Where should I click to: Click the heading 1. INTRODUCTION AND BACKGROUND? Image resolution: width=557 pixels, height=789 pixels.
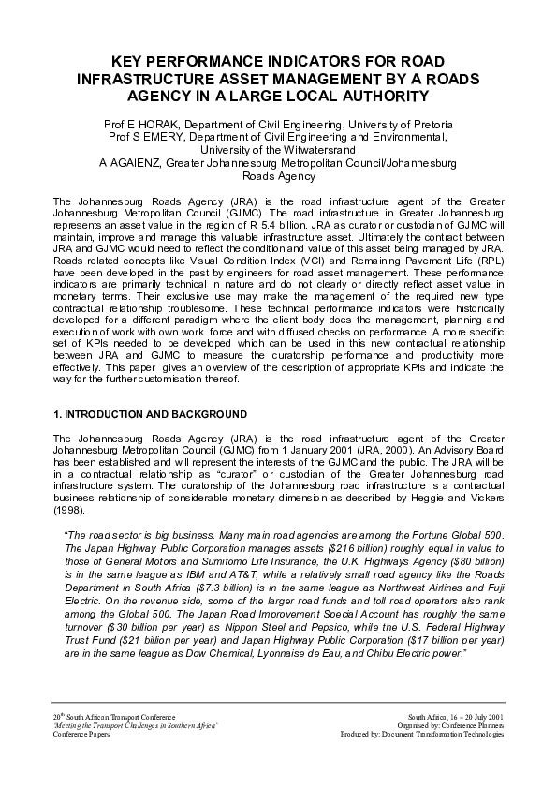[x=151, y=413]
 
